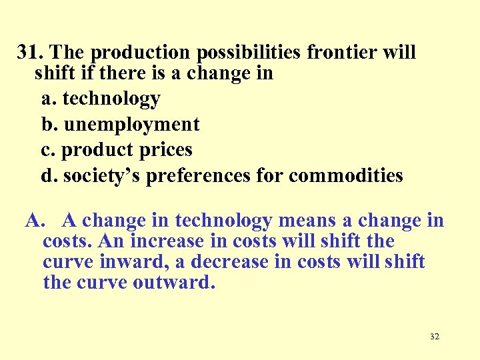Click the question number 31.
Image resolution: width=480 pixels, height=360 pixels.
31,52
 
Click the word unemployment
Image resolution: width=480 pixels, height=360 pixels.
132,124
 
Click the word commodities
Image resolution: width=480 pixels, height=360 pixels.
346,175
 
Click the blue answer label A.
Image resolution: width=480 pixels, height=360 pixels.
35,221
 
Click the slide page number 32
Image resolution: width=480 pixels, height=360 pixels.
435,337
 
